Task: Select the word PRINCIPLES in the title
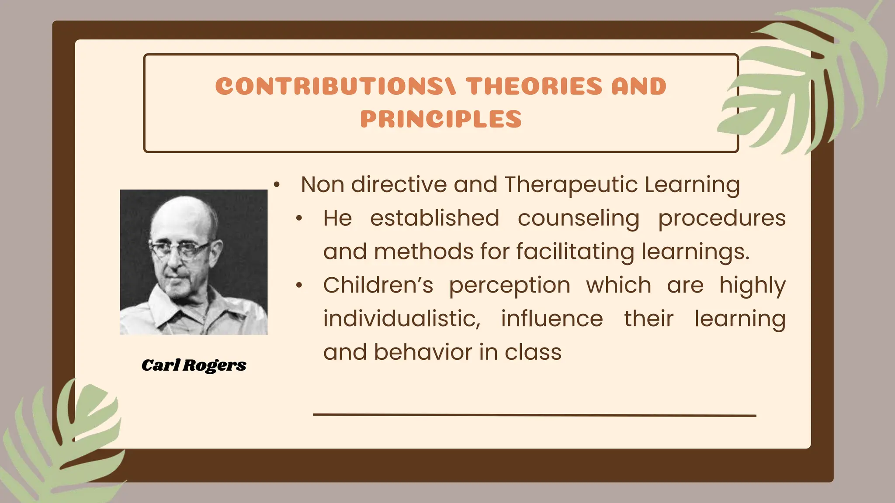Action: tap(441, 119)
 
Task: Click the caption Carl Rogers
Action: tap(194, 365)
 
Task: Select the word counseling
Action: tap(578, 218)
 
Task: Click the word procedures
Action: tap(722, 218)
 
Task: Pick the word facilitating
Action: tap(575, 252)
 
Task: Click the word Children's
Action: tap(378, 286)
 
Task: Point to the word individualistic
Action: tap(402, 319)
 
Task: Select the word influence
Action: tap(552, 319)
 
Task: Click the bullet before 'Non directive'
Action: tap(276, 185)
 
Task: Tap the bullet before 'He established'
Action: tap(299, 219)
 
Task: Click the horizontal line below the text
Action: tap(534, 415)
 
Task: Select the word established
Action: tap(434, 218)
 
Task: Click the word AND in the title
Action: tap(638, 86)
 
